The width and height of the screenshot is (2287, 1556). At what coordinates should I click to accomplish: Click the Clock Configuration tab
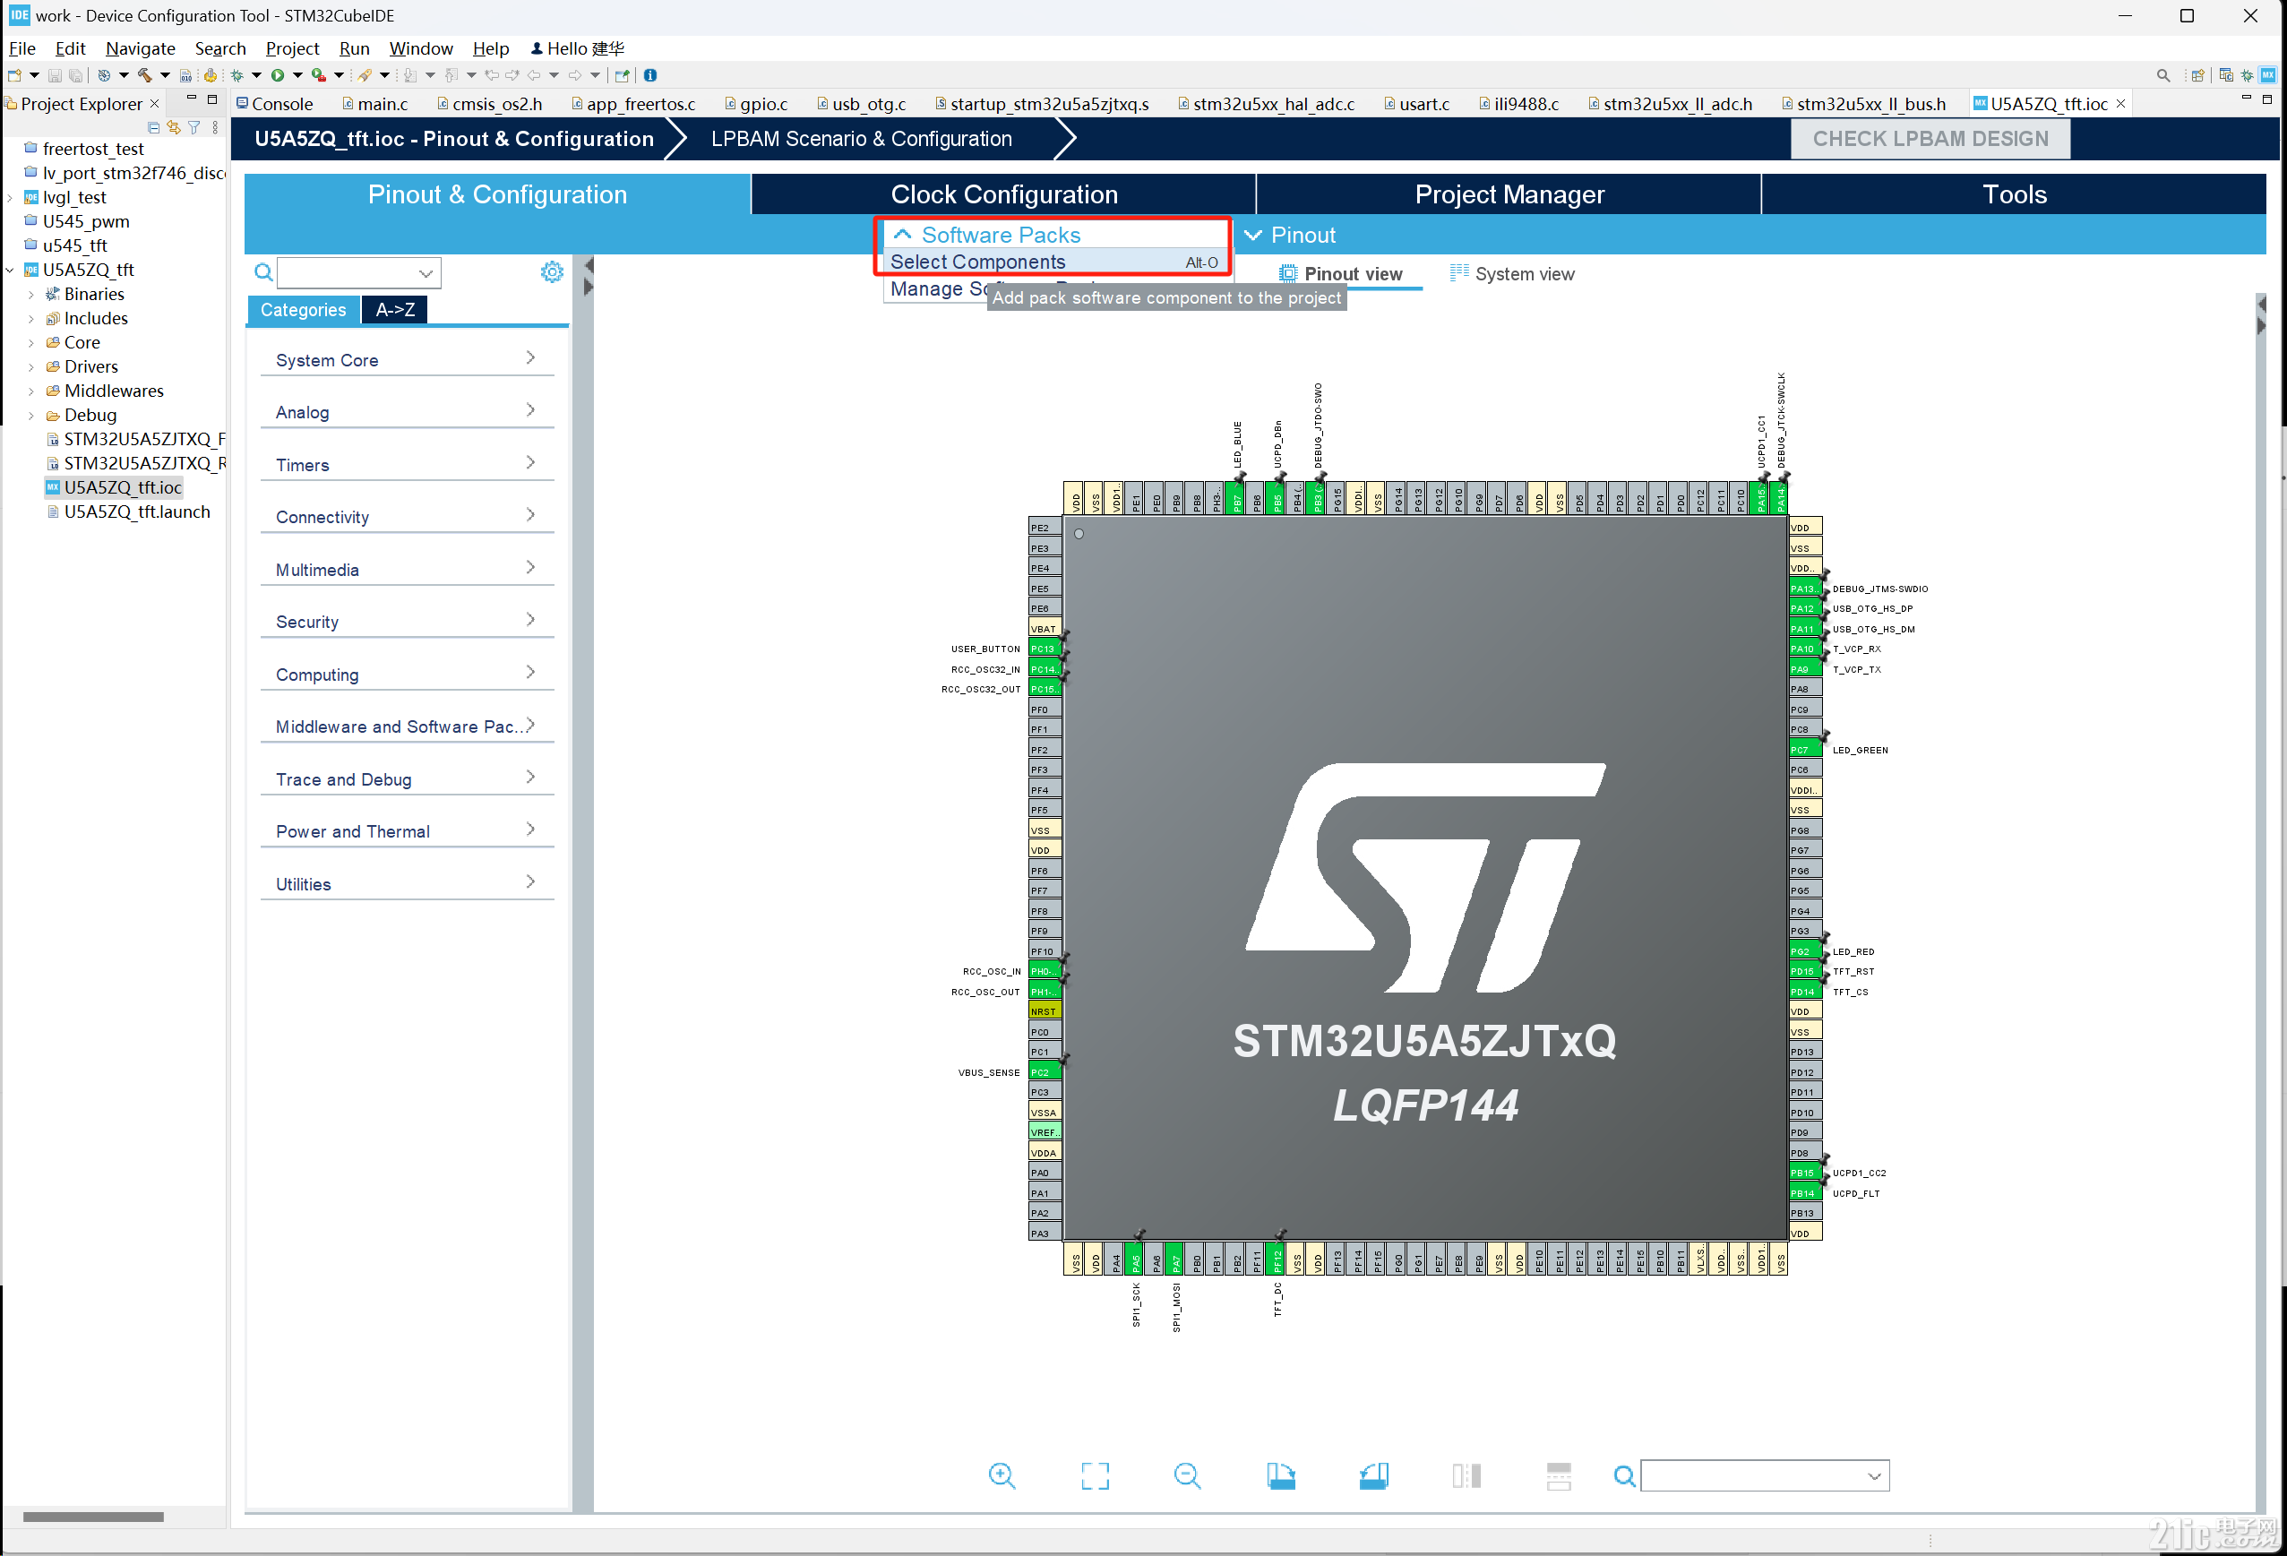coord(1004,195)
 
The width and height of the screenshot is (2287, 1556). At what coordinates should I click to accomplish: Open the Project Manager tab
coord(1509,195)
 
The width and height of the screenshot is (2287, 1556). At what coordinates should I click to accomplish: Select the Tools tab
coord(2014,195)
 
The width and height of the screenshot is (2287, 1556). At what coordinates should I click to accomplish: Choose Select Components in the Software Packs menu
coord(977,262)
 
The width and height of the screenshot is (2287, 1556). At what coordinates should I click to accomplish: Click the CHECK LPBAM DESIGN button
coord(1930,139)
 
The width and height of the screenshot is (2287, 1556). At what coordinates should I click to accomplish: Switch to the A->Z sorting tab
coord(395,310)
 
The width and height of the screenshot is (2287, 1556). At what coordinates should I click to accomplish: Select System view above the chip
coord(1522,275)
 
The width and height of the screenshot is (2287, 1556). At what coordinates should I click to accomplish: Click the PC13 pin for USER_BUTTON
coord(1042,649)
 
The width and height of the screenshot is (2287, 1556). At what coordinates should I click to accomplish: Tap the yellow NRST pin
coord(1043,1011)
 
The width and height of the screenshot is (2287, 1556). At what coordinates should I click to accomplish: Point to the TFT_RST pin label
coord(1853,972)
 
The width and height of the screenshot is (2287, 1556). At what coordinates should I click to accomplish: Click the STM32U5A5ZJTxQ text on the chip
coord(1424,1041)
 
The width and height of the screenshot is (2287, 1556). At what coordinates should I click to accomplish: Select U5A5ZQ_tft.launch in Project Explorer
coord(137,512)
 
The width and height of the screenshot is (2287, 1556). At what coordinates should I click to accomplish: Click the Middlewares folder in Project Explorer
coord(113,391)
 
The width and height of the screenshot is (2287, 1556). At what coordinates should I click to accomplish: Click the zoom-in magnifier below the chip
coord(1002,1475)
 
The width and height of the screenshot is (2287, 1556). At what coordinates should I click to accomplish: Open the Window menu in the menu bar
coord(420,48)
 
